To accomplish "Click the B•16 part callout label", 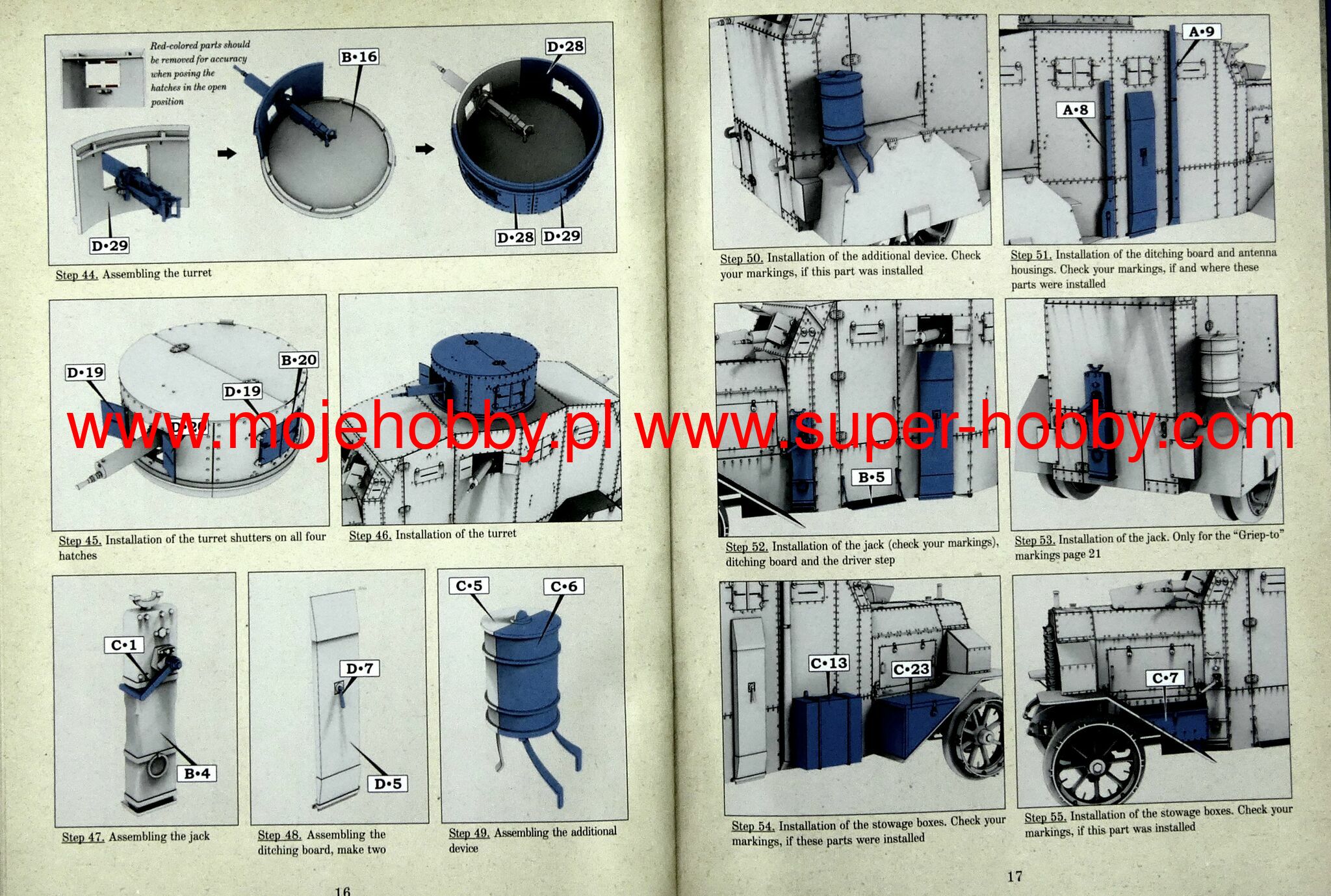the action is [x=359, y=57].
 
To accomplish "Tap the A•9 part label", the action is [x=1201, y=31].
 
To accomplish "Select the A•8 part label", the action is [x=1075, y=110].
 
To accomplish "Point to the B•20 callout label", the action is [x=299, y=360].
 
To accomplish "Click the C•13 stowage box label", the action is [x=829, y=663].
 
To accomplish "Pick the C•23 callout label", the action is [x=911, y=669].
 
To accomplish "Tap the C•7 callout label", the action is [x=1165, y=678].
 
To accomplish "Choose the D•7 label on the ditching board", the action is [x=360, y=668].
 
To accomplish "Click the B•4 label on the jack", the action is [x=197, y=773].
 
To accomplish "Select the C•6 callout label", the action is [x=563, y=586].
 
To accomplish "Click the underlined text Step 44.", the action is [x=77, y=274].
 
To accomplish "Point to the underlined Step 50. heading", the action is [x=741, y=258].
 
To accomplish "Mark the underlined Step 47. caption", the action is [x=83, y=837].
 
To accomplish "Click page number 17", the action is [x=1014, y=876].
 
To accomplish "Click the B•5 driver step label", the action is [x=871, y=477].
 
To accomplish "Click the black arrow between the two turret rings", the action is [x=424, y=150].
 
